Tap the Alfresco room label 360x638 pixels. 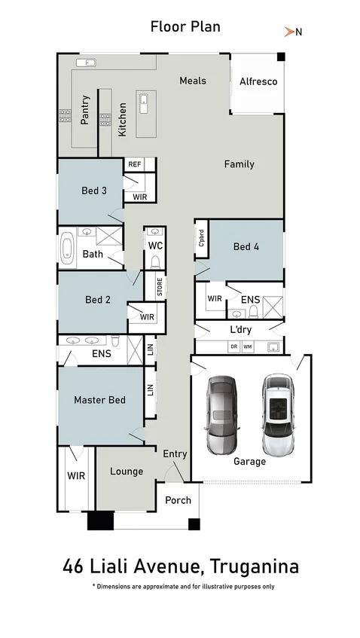pyautogui.click(x=258, y=81)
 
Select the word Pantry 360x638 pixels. pyautogui.click(x=85, y=109)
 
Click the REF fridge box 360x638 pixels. pyautogui.click(x=135, y=164)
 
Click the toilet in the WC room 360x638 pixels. pyautogui.click(x=155, y=261)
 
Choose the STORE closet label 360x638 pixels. pyautogui.click(x=159, y=287)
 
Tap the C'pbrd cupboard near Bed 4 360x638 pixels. pyautogui.click(x=201, y=238)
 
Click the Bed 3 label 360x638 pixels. pyautogui.click(x=94, y=191)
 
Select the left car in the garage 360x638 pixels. pyautogui.click(x=221, y=414)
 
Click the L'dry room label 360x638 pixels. pyautogui.click(x=240, y=330)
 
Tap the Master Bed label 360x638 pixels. pyautogui.click(x=99, y=400)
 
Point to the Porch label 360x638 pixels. pyautogui.click(x=178, y=500)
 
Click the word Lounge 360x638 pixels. pyautogui.click(x=127, y=472)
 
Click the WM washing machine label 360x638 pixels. pyautogui.click(x=247, y=347)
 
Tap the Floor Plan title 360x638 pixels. pyautogui.click(x=185, y=27)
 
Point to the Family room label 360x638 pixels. pyautogui.click(x=239, y=164)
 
